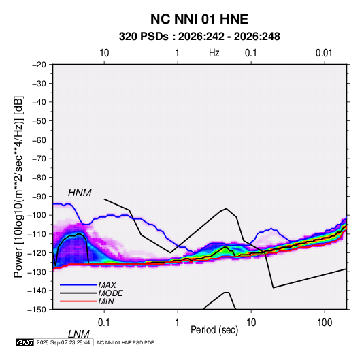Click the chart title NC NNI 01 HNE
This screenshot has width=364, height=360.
pyautogui.click(x=199, y=19)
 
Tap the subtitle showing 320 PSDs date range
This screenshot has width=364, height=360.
pyautogui.click(x=199, y=37)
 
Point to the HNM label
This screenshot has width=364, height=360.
pyautogui.click(x=80, y=193)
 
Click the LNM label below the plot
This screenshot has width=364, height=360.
pyautogui.click(x=78, y=334)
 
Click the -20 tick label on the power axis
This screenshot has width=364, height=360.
pyautogui.click(x=39, y=65)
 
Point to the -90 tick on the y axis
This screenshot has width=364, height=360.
pyautogui.click(x=39, y=197)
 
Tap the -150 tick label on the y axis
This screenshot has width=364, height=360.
pyautogui.click(x=37, y=310)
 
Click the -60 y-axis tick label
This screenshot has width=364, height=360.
pyautogui.click(x=39, y=140)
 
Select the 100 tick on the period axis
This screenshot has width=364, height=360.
pyautogui.click(x=325, y=323)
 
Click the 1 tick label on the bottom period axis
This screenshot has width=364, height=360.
pyautogui.click(x=178, y=323)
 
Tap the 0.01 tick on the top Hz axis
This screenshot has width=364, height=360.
pyautogui.click(x=324, y=53)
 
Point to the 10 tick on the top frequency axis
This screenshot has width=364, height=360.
pyautogui.click(x=104, y=53)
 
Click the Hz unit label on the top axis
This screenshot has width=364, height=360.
pyautogui.click(x=214, y=53)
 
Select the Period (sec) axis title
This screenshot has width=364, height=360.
pyautogui.click(x=214, y=330)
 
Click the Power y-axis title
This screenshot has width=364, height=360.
pyautogui.click(x=18, y=187)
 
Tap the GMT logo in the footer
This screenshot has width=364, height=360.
pyautogui.click(x=24, y=342)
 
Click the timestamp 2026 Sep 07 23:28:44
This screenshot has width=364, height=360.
pyautogui.click(x=63, y=342)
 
